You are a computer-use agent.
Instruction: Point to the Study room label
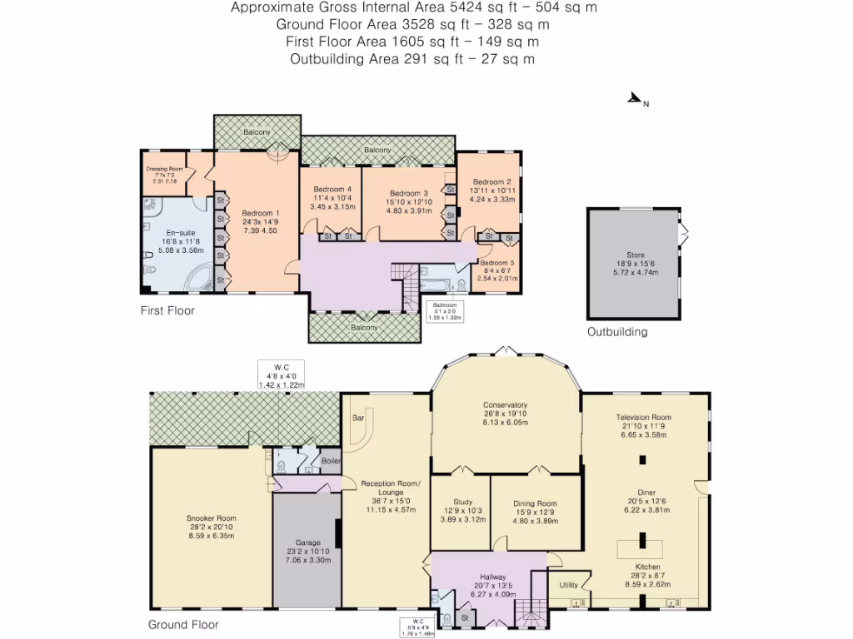[458, 502]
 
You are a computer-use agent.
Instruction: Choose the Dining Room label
[534, 503]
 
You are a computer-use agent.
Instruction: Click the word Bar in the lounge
[359, 419]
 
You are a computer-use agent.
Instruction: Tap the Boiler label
[331, 460]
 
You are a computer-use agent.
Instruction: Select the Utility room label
[568, 585]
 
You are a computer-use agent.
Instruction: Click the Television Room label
[643, 417]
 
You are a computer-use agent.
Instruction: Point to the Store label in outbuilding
[636, 255]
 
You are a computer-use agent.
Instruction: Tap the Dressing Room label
[164, 169]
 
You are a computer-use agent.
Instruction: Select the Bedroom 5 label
[497, 263]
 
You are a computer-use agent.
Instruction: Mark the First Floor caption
[167, 310]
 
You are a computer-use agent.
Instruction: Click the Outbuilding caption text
[616, 332]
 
